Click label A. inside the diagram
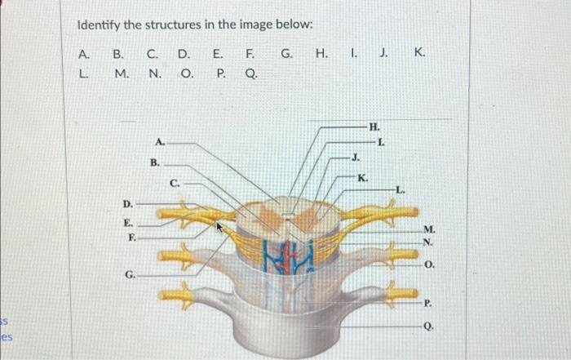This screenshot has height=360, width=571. [x=160, y=140]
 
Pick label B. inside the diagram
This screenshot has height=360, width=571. [x=154, y=162]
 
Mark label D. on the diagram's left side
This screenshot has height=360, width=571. [x=127, y=202]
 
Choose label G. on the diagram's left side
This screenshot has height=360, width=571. [x=130, y=275]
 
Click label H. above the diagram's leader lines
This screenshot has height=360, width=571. [x=374, y=127]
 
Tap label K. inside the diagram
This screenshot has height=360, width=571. [x=363, y=177]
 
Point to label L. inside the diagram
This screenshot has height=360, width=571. [x=400, y=189]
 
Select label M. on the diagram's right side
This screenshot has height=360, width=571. [x=430, y=229]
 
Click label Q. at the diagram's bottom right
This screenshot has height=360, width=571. [x=430, y=324]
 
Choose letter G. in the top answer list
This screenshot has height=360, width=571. [x=287, y=54]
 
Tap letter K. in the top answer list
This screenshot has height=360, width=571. [x=419, y=54]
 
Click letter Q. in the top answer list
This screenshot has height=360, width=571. [x=251, y=74]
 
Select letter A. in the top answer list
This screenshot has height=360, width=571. [x=83, y=54]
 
